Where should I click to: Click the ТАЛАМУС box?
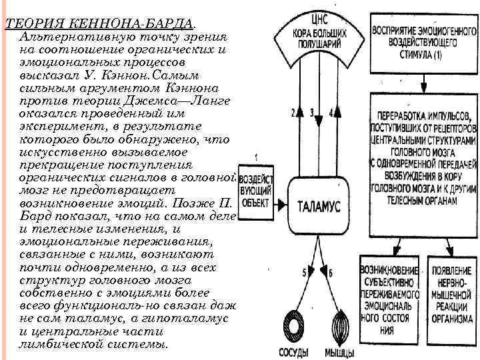(x=318, y=206)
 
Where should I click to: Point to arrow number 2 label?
(x=293, y=113)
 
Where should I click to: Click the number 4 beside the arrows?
(x=331, y=113)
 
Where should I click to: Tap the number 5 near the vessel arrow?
(x=304, y=272)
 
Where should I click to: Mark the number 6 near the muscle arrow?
(x=329, y=272)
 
